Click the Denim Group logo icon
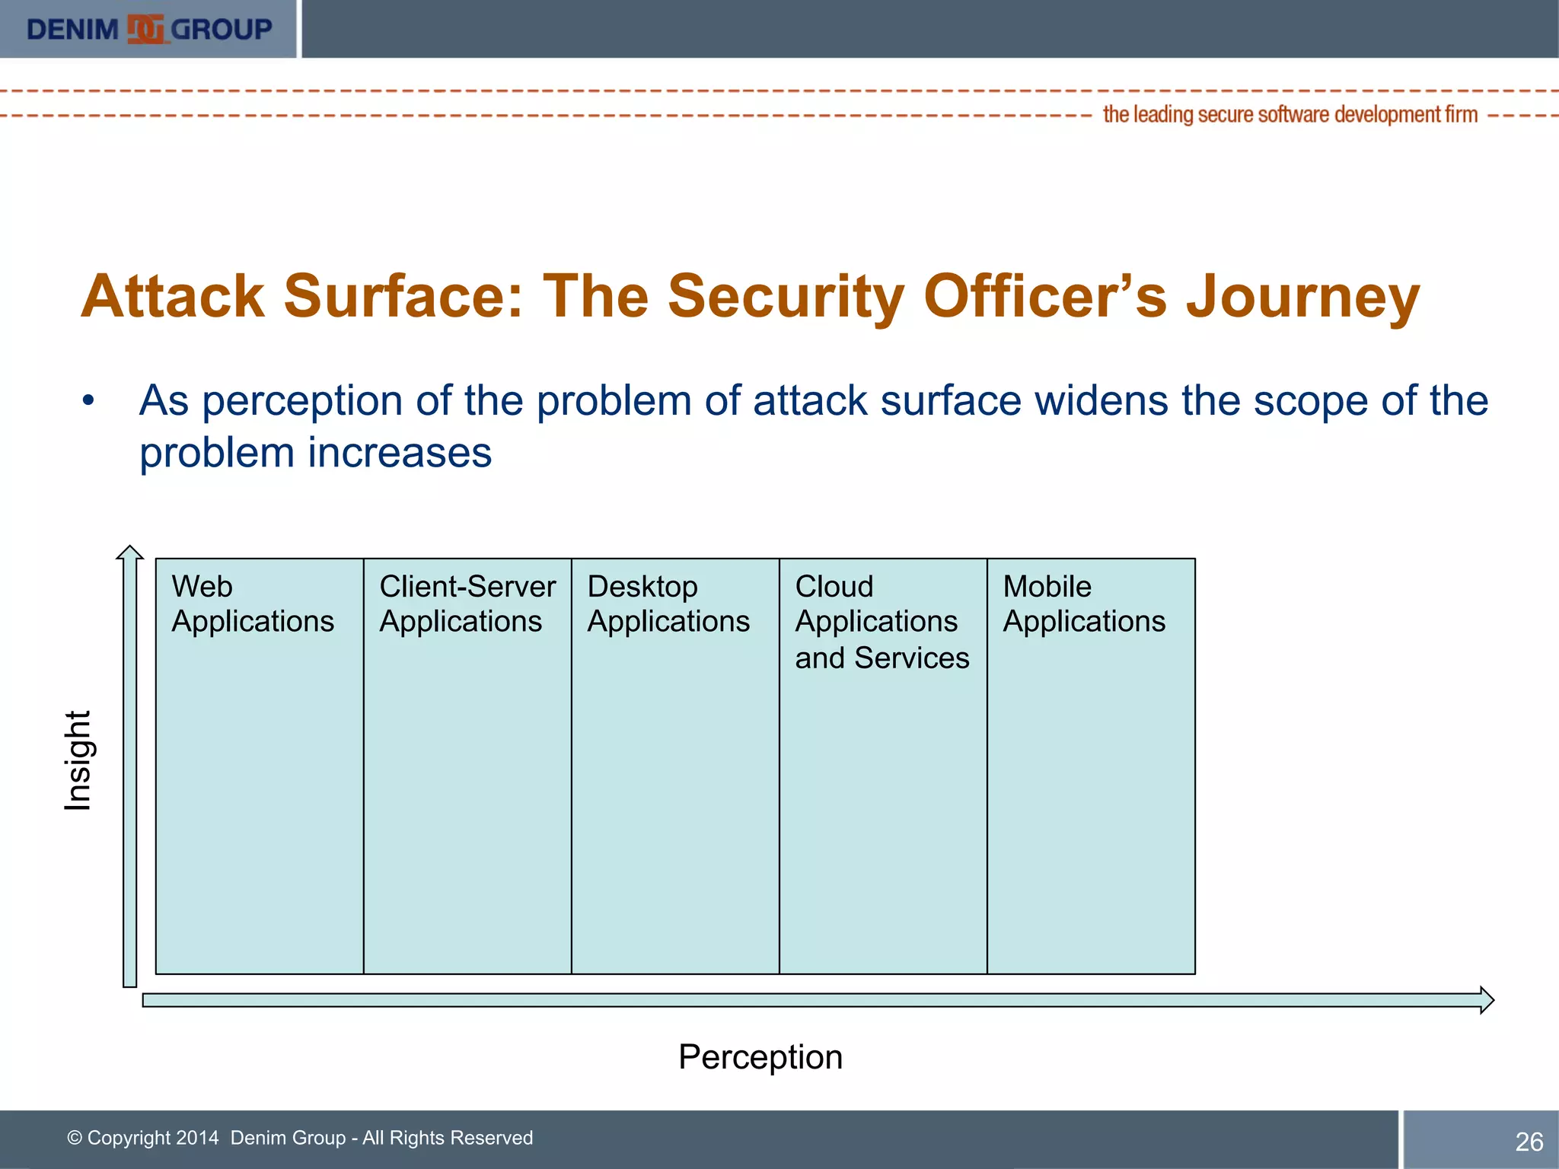(145, 30)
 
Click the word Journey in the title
(1302, 296)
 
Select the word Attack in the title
(173, 296)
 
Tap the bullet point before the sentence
(89, 401)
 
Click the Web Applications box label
(252, 604)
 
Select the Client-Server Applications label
(467, 604)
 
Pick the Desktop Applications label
(668, 604)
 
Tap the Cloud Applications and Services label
(882, 622)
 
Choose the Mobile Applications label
(1083, 604)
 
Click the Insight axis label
(78, 760)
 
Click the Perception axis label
(760, 1057)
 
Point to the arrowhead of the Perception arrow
(1486, 1000)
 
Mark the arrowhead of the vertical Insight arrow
(130, 553)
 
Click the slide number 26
(1529, 1142)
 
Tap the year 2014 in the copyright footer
(196, 1138)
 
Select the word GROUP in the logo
(221, 30)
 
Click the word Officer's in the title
(1044, 296)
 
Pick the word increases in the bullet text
(400, 454)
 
